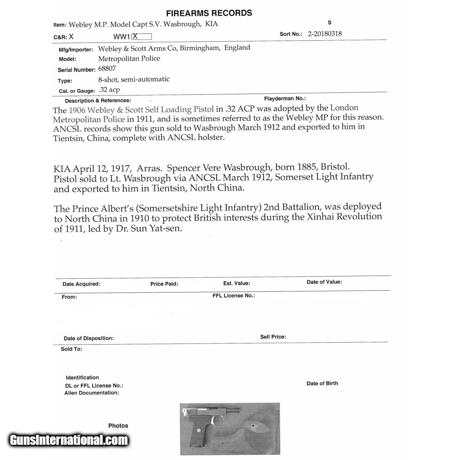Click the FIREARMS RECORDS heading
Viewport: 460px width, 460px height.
coord(209,13)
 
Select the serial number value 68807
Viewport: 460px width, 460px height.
coord(107,69)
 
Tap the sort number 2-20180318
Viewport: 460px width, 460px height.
coord(325,33)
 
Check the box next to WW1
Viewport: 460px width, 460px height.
coord(142,36)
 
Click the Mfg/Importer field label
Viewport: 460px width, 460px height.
coord(76,49)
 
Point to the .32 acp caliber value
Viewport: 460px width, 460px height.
coord(109,90)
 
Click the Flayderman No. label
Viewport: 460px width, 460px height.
coord(285,99)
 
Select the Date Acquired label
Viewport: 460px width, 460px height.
coord(81,284)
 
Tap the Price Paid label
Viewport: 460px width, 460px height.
coord(164,284)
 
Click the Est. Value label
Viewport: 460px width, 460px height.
coord(237,283)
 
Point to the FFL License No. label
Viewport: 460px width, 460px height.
coord(233,296)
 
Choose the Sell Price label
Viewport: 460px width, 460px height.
coord(273,337)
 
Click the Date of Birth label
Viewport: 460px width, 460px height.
coord(322,383)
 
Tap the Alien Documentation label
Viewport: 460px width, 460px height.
coord(92,393)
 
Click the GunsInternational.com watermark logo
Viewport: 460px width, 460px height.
coord(69,440)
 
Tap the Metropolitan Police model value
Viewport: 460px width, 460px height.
coord(129,58)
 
